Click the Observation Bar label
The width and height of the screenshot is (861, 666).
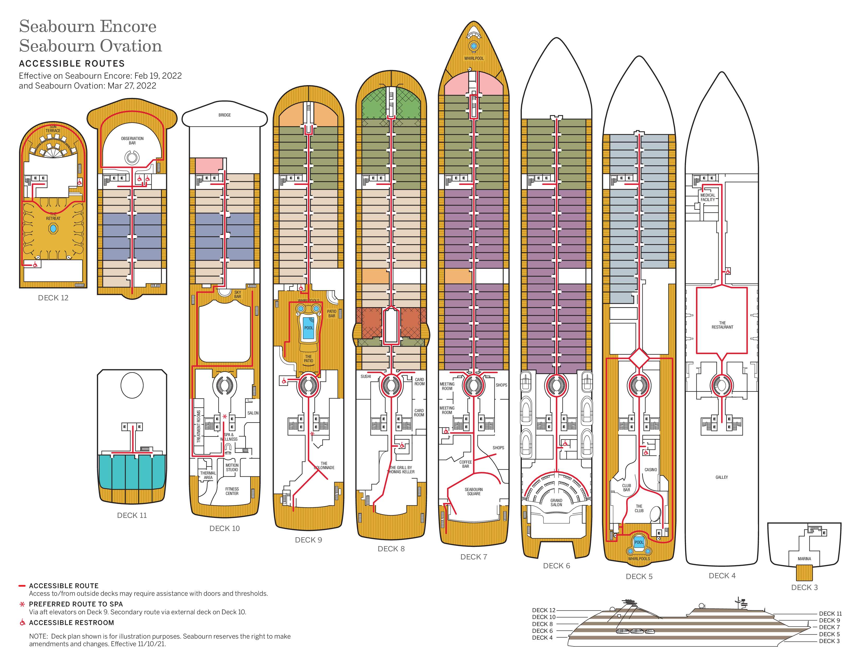pos(132,141)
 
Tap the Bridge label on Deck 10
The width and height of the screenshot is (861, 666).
pos(225,115)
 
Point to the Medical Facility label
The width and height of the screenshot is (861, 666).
pos(708,197)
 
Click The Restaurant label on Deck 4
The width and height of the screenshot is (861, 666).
pos(722,325)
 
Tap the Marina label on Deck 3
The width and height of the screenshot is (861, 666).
pos(804,559)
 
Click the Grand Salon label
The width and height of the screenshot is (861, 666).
pos(556,502)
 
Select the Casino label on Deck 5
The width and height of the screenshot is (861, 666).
pos(650,470)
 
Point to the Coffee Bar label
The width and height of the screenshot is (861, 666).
pos(465,464)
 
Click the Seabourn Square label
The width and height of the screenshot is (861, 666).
pos(474,491)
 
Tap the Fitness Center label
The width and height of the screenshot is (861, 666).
pos(232,491)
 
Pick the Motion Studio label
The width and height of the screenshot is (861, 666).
pos(232,467)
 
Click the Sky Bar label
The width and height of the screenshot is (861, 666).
pos(237,294)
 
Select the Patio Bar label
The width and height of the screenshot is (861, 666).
pos(332,313)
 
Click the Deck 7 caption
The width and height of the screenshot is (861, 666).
pos(474,557)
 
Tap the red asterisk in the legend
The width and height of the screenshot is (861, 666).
pos(22,604)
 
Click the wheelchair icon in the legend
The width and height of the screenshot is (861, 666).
pos(22,623)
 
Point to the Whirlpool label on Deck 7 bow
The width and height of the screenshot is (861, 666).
pos(474,59)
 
